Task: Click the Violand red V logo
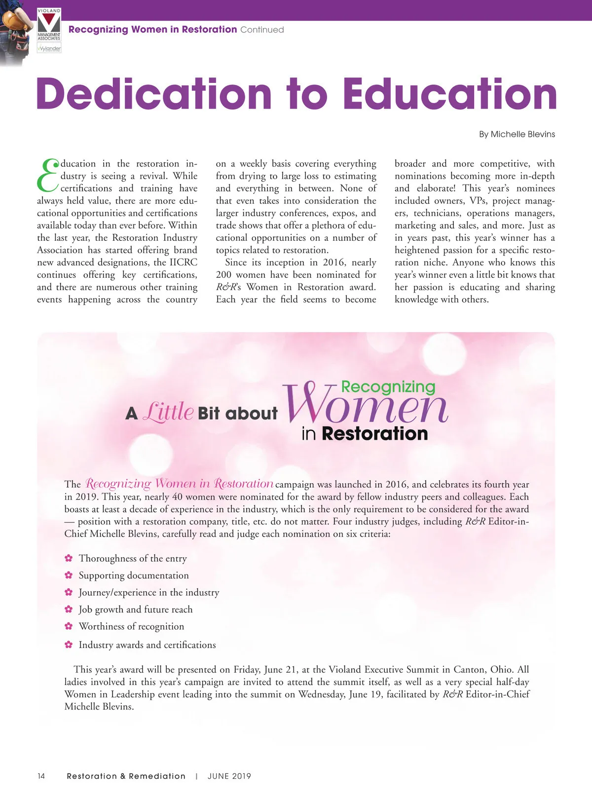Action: pos(49,23)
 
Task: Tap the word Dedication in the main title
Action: pos(154,94)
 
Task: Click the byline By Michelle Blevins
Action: pos(517,134)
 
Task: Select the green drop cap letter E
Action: pos(48,175)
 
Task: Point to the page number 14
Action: pos(41,776)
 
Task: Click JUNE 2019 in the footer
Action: pos(229,776)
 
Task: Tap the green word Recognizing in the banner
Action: pos(388,387)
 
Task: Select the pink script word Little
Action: pos(168,411)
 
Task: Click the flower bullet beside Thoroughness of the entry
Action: pos(69,558)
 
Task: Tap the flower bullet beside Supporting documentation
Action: pos(69,575)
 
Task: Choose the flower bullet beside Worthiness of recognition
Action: pos(69,626)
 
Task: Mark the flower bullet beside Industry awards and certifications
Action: pos(69,644)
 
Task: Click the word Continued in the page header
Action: pos(262,30)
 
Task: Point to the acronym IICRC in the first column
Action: pos(183,263)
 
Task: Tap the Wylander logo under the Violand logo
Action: pos(49,48)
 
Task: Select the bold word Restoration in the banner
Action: pos(374,434)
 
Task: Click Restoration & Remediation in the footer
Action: pos(126,776)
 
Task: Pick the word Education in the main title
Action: pos(450,94)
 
